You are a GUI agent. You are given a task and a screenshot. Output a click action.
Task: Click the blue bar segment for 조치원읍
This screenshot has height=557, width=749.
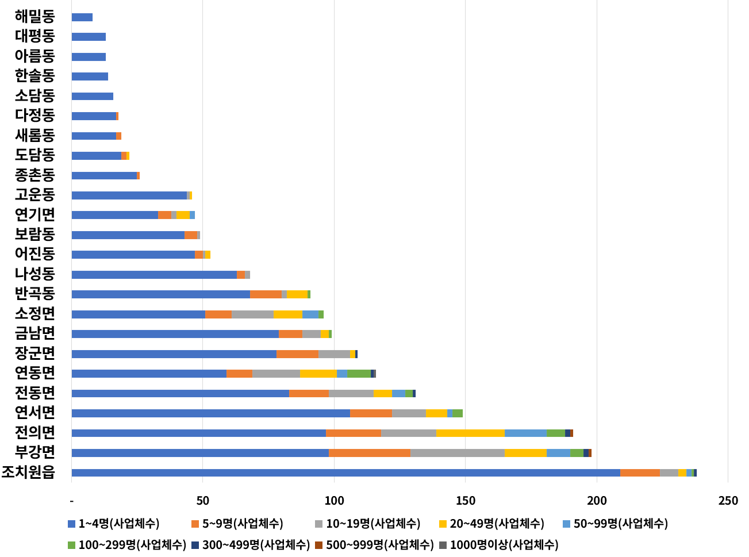(x=345, y=473)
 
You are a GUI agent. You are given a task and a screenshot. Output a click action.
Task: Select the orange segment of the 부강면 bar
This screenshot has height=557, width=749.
(x=369, y=453)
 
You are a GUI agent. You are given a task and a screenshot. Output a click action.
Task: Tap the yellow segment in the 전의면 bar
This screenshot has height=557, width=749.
(x=470, y=433)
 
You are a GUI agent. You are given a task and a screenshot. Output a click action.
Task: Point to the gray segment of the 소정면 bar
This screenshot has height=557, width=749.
(x=252, y=314)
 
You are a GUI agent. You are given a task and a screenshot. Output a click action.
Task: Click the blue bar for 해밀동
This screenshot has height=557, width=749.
(x=82, y=17)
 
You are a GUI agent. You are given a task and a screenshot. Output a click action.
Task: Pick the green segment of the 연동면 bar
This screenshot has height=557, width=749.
(x=359, y=374)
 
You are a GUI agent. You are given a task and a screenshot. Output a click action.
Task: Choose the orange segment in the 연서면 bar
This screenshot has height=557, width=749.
(x=371, y=413)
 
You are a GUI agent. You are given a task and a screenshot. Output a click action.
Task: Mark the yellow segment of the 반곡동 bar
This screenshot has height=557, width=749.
(x=297, y=294)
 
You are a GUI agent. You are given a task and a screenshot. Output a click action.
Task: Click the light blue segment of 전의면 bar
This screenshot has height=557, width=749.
(x=525, y=433)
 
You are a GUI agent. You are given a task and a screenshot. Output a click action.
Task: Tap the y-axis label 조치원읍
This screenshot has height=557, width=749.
(x=28, y=473)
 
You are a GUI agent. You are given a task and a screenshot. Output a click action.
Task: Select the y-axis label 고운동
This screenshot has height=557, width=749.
(x=35, y=195)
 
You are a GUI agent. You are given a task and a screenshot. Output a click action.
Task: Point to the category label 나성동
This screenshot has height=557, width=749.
(x=35, y=274)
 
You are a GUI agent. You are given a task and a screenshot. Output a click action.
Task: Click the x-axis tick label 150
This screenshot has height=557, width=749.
(x=466, y=501)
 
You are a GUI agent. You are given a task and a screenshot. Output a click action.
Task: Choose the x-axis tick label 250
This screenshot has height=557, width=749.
(x=728, y=501)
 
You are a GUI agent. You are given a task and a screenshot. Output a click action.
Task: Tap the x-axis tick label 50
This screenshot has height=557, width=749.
(x=203, y=501)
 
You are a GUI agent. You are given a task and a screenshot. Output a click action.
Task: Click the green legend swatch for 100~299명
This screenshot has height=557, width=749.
(x=71, y=544)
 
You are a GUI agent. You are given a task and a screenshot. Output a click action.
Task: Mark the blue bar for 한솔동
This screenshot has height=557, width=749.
(x=90, y=76)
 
